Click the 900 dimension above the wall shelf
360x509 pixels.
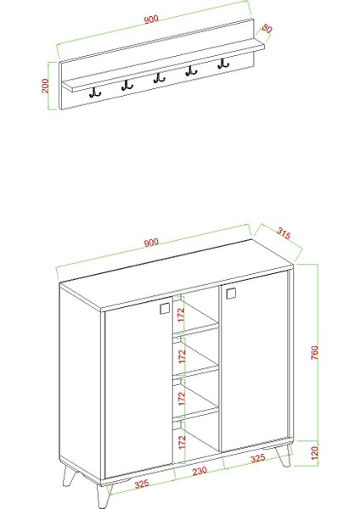click(x=152, y=20)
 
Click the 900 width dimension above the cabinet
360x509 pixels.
click(x=152, y=243)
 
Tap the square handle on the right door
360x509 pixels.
click(x=230, y=294)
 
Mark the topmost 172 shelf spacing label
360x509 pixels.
click(x=180, y=313)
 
